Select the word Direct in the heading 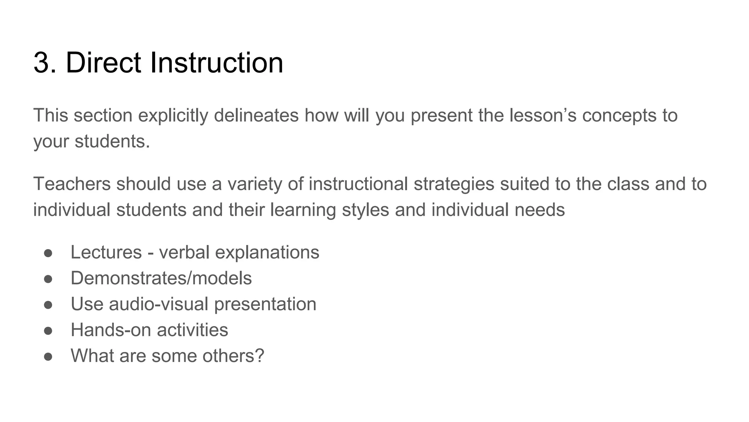tap(103, 63)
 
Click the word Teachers tap(72, 184)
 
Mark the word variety tap(255, 184)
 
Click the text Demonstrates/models tap(161, 278)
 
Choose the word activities tap(192, 330)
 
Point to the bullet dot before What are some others tap(48, 356)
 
